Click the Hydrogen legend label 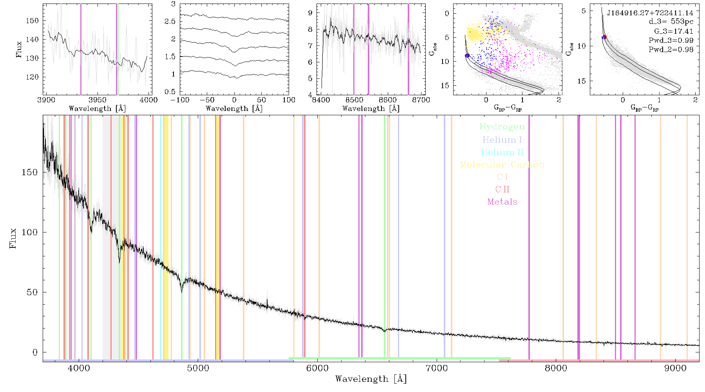pos(502,127)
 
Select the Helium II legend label pos(502,152)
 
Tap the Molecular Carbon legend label pos(502,165)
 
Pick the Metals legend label pos(503,202)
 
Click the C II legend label pos(503,189)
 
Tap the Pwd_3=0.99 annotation pos(671,40)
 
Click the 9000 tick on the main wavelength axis pos(675,368)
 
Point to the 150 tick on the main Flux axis pos(29,172)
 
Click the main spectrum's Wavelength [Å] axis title pos(371,379)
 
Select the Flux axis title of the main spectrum pos(13,238)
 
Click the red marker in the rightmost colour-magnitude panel pos(605,37)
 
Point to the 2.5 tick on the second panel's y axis pos(170,22)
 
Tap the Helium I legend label pos(502,140)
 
